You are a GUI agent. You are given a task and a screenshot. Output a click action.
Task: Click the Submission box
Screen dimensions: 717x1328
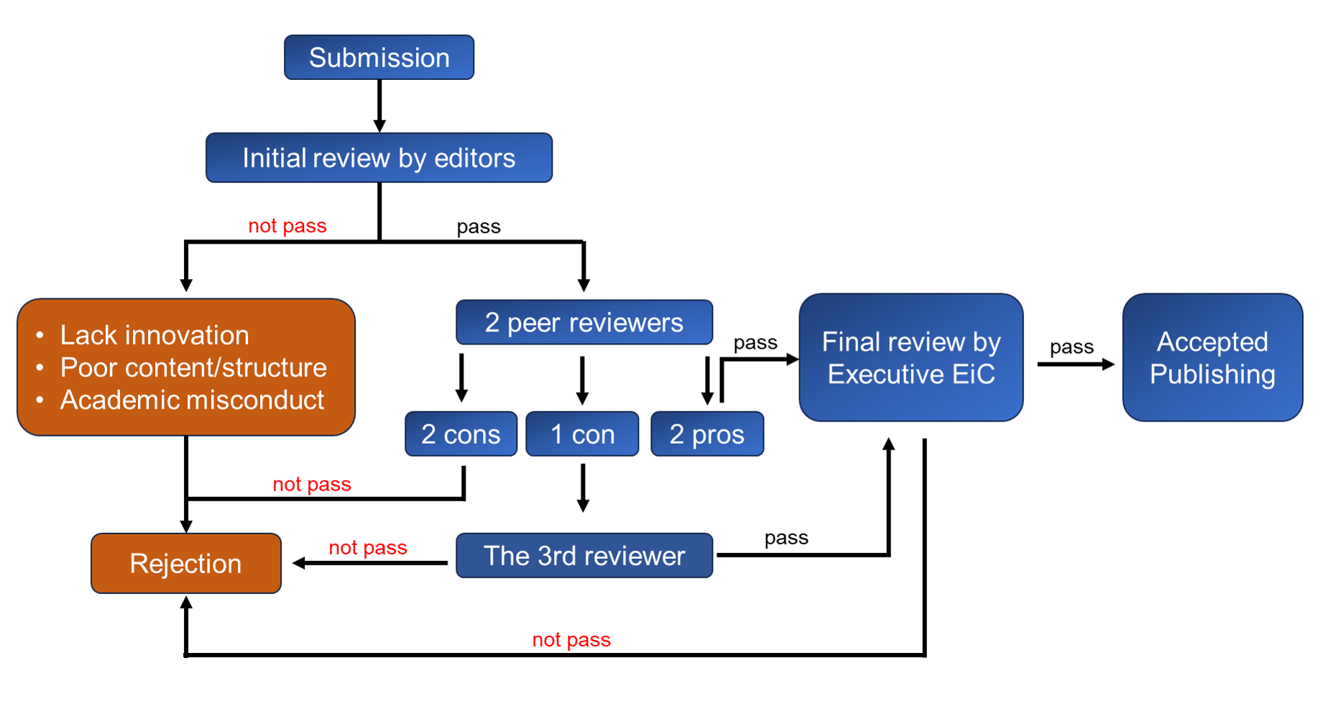coord(379,58)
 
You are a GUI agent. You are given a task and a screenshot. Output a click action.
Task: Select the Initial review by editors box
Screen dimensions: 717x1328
coord(379,157)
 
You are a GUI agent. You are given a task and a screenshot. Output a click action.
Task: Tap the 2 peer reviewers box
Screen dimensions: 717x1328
coord(584,322)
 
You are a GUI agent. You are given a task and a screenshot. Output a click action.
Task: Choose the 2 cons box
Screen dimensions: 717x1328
coord(461,434)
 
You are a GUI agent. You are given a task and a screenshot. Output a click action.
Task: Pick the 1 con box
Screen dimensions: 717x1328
coord(582,434)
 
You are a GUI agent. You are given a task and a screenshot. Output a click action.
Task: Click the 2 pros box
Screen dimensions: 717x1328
coord(706,434)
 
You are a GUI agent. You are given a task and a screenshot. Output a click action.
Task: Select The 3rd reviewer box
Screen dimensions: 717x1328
coord(584,555)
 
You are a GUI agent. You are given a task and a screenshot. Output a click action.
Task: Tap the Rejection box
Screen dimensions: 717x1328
coord(185,563)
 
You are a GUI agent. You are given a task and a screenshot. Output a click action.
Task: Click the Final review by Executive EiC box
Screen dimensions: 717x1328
coord(910,357)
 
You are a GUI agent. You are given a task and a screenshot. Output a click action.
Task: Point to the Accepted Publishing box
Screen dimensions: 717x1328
coord(1212,357)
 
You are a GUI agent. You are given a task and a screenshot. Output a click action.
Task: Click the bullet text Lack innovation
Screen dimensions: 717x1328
coord(155,335)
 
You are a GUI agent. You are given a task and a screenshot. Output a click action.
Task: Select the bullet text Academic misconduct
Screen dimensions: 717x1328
coord(192,400)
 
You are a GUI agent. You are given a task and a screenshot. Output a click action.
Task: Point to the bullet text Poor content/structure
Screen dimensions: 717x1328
coord(193,367)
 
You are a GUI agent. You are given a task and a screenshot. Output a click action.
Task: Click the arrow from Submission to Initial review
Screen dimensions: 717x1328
coord(379,106)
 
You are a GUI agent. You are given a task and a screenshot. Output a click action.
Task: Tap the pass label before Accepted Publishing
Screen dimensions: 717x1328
coord(1071,347)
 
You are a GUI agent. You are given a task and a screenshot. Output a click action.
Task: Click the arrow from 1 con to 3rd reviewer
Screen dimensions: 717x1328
coord(583,488)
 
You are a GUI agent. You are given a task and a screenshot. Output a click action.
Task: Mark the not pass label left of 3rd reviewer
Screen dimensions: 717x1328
coord(368,548)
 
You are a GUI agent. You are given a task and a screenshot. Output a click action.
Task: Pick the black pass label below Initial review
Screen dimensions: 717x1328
coord(479,227)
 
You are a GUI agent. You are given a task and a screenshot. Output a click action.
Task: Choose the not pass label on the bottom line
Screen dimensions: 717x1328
coord(571,639)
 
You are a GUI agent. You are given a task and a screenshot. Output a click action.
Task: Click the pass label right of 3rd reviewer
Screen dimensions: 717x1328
coord(786,537)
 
